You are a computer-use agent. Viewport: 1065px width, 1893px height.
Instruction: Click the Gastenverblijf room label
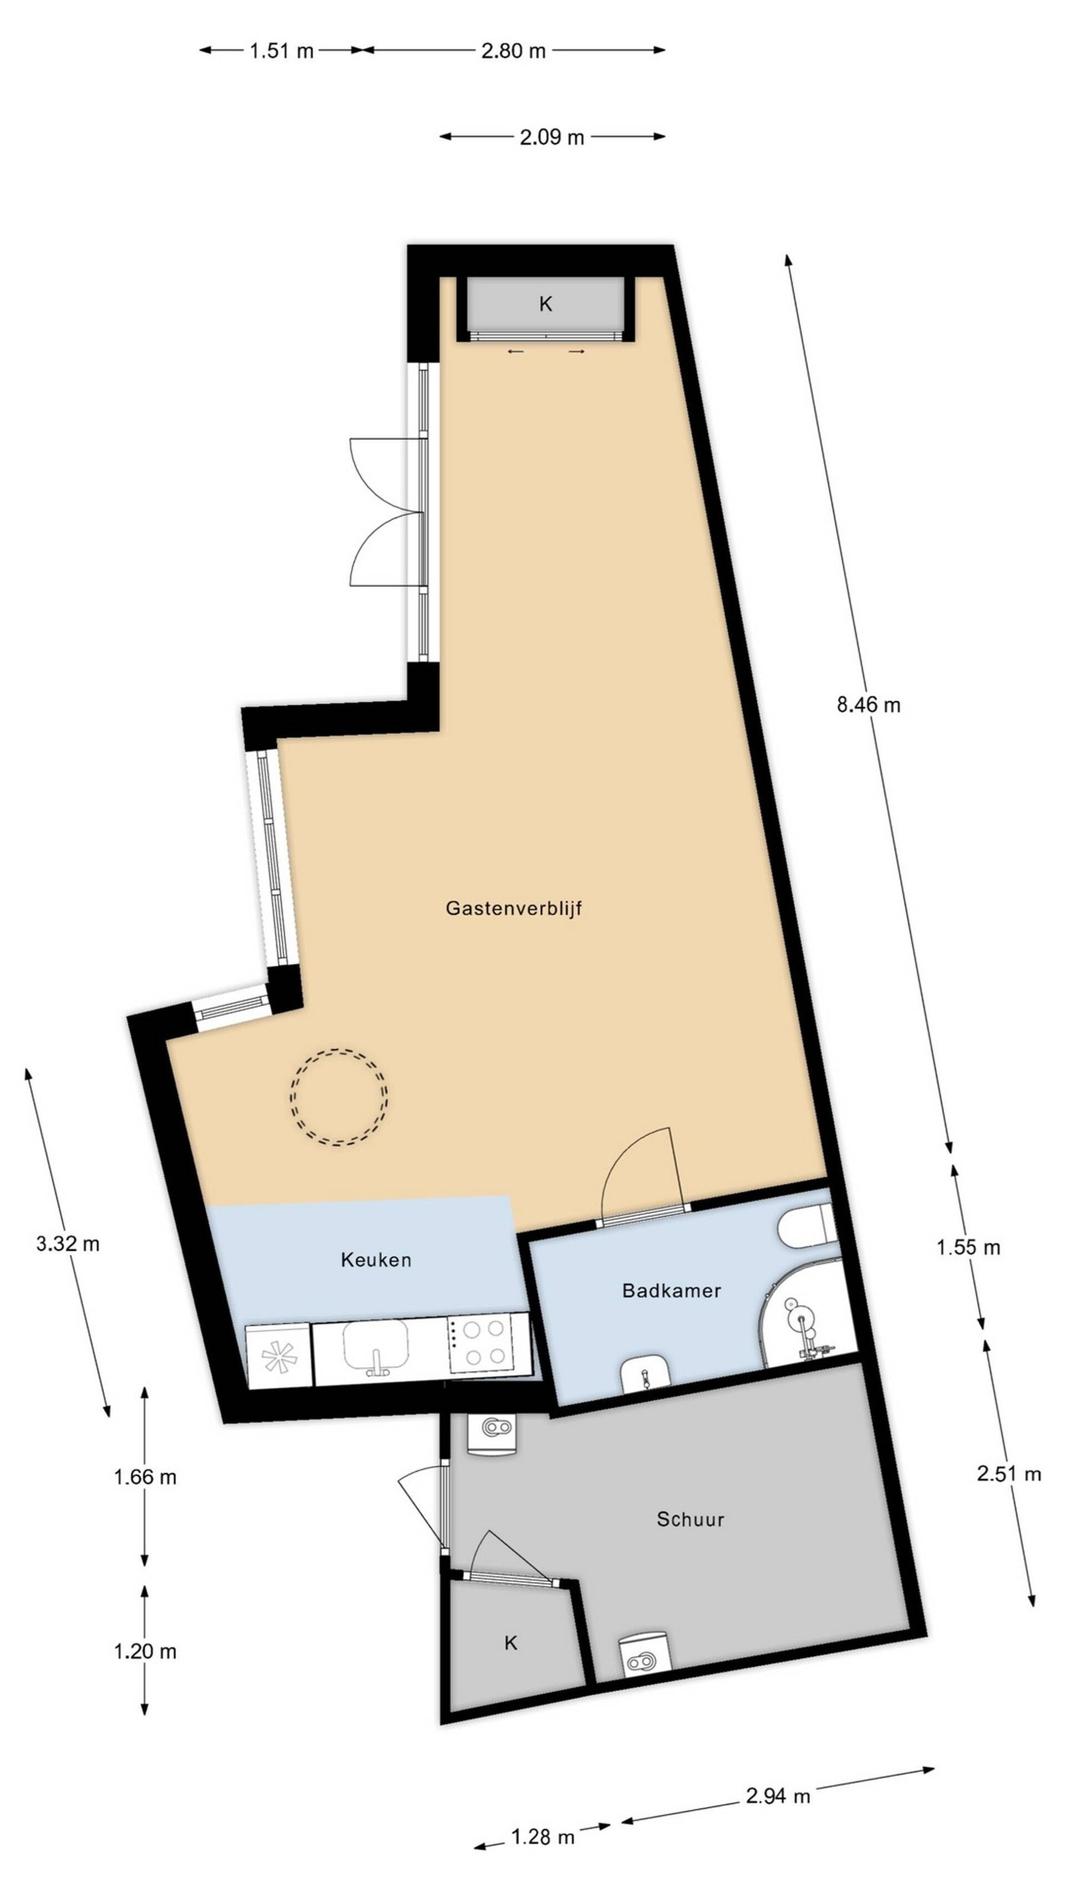(514, 909)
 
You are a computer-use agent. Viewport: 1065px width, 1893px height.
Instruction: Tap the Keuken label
(376, 1260)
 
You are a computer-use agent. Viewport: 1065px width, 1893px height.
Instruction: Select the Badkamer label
(671, 1291)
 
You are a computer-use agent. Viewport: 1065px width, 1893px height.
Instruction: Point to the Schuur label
(690, 1519)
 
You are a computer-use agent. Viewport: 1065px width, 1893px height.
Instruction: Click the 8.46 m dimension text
(868, 705)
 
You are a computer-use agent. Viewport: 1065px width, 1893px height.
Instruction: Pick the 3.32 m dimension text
(68, 1244)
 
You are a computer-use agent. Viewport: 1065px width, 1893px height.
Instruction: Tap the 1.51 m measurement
(281, 50)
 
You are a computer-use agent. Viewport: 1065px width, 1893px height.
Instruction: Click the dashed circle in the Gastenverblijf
(339, 1049)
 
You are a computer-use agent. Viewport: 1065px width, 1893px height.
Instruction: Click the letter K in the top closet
(545, 304)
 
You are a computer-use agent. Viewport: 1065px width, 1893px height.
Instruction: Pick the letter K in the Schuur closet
(511, 1643)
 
